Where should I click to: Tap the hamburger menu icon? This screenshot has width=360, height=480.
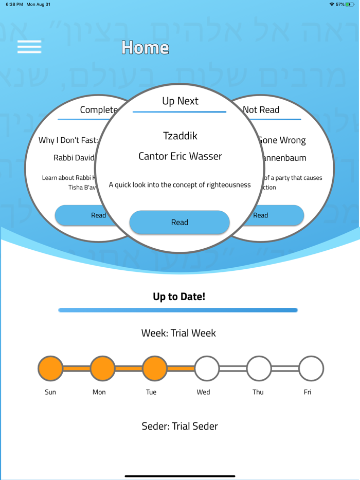click(29, 47)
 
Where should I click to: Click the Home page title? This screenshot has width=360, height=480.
click(146, 48)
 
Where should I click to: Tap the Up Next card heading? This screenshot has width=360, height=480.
click(180, 101)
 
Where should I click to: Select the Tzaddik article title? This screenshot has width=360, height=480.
click(180, 136)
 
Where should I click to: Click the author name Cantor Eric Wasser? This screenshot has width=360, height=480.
click(180, 156)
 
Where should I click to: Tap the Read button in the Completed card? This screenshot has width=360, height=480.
click(82, 215)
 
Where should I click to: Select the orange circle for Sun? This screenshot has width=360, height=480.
click(50, 368)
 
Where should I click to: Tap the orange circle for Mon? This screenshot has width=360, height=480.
click(102, 368)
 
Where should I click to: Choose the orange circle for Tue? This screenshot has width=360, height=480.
click(155, 368)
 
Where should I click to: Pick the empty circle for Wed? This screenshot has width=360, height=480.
click(207, 368)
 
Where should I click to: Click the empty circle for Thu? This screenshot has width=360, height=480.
click(259, 368)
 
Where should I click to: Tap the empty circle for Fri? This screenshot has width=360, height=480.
click(311, 368)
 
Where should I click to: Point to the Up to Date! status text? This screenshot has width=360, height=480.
click(179, 297)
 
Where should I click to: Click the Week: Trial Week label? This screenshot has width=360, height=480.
click(178, 333)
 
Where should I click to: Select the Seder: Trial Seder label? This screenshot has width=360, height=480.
click(179, 426)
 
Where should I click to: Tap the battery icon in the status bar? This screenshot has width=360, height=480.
click(350, 5)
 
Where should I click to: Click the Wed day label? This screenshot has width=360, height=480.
click(203, 392)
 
